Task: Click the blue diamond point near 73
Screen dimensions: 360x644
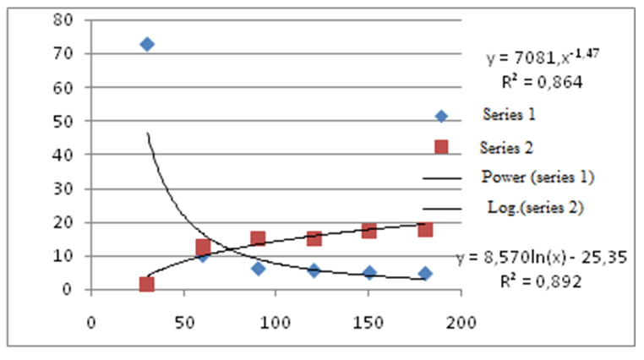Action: click(147, 44)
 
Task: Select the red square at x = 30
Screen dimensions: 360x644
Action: click(146, 284)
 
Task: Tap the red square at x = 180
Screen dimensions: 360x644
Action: click(425, 229)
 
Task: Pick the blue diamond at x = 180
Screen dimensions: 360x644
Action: click(425, 274)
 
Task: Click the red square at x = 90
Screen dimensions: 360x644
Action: click(258, 239)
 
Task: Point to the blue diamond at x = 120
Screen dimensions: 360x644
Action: click(314, 270)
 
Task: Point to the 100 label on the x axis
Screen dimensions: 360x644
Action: click(276, 322)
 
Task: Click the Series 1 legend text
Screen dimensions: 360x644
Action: click(510, 112)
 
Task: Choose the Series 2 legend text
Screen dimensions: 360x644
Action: click(506, 146)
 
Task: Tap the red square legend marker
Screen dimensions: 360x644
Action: click(441, 146)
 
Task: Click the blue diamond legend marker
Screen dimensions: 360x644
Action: click(441, 116)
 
